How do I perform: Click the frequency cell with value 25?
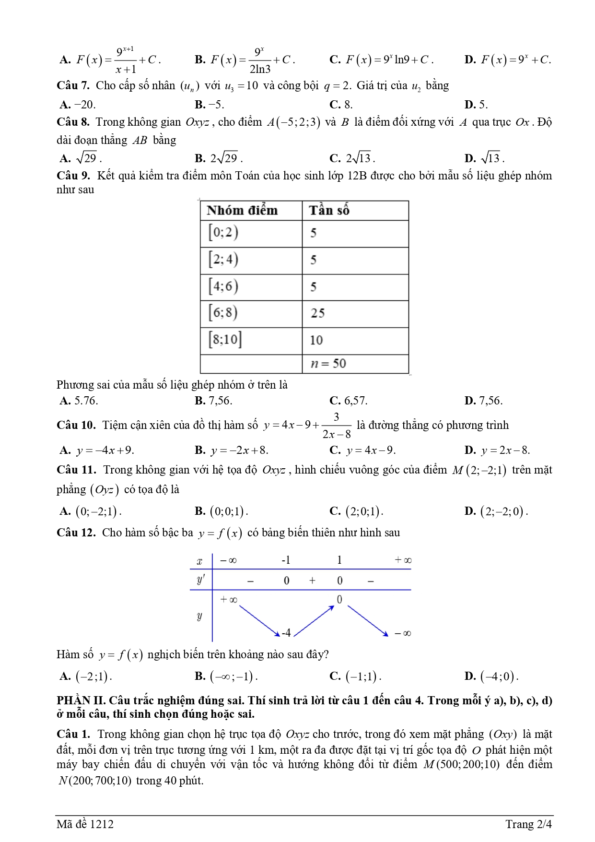pos(317,313)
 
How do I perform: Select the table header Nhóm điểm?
pos(242,211)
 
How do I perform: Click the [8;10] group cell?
pos(225,340)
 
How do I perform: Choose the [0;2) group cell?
pos(223,233)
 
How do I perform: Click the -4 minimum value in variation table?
pos(286,633)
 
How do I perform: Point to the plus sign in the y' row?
pos(312,581)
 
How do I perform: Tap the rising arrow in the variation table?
pos(314,621)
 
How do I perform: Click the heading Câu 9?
pos(73,176)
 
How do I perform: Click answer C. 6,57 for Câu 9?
pos(349,401)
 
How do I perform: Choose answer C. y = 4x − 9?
pos(362,450)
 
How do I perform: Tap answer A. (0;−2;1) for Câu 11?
pos(91,511)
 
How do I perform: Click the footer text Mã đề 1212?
pos(85,824)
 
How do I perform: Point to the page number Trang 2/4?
pos(528,824)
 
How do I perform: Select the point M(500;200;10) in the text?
pos(461,764)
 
